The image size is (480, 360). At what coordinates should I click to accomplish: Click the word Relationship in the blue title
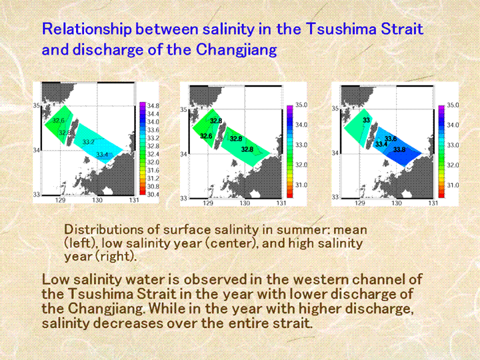tap(87, 29)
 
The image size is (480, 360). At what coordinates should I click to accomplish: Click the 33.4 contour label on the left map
tap(102, 155)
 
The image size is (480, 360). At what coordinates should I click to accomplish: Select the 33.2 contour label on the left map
tap(89, 142)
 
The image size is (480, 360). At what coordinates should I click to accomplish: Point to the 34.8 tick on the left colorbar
tap(153, 106)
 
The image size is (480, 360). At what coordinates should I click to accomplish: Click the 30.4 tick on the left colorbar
tap(153, 195)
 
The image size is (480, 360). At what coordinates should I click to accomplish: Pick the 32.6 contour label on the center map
tap(206, 136)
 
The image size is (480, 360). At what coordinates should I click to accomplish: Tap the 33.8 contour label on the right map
tap(399, 150)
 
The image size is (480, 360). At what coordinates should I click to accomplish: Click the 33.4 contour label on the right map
tap(381, 144)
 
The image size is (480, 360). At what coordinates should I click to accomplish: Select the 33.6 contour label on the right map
tap(391, 139)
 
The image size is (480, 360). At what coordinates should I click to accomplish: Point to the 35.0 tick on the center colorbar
tap(301, 105)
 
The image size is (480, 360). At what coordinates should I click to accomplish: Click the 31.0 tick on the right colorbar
tap(453, 185)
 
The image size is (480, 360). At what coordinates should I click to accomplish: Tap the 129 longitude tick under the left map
tap(60, 200)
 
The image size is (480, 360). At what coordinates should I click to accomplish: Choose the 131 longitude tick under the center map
tap(281, 203)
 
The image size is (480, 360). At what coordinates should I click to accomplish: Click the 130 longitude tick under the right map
tap(397, 203)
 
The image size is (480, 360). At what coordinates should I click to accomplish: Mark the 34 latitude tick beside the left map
tap(37, 150)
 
